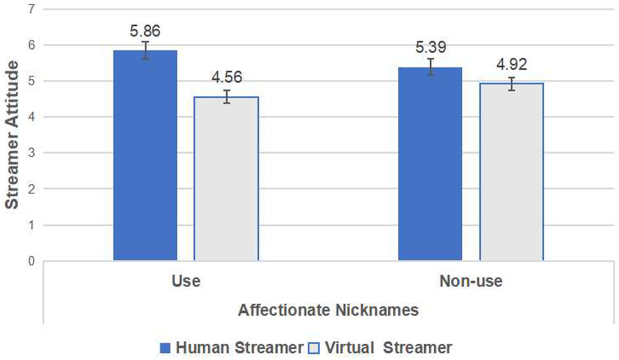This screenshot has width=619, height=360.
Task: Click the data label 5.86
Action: click(x=145, y=31)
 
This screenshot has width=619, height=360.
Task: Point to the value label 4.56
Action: click(x=227, y=77)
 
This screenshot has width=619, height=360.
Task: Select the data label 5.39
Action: click(x=431, y=48)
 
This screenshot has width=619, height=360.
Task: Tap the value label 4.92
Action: click(x=512, y=65)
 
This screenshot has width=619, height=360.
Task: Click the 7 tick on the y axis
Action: click(x=32, y=9)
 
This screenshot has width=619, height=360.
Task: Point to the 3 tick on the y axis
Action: click(x=32, y=153)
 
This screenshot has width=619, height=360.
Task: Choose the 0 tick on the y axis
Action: click(x=32, y=261)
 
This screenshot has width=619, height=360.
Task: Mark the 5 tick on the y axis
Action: click(x=32, y=81)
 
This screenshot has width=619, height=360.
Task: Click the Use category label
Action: click(x=186, y=281)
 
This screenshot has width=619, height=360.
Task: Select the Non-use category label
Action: click(x=471, y=281)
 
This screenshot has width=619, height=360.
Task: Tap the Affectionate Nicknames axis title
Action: click(x=328, y=310)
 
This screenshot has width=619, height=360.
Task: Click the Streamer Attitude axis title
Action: click(x=12, y=135)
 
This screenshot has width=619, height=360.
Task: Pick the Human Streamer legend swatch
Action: click(x=165, y=348)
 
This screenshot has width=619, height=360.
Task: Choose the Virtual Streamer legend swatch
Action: click(x=314, y=348)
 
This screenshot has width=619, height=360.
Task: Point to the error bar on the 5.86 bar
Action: click(x=145, y=50)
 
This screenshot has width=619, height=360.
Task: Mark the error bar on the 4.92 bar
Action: click(x=511, y=84)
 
